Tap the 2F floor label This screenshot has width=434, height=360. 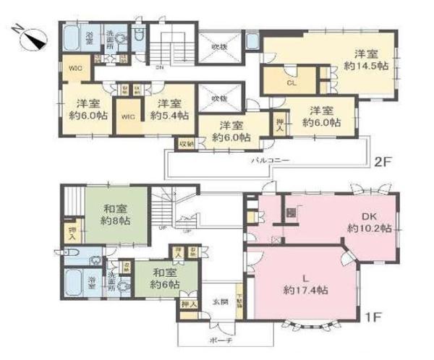click(x=383, y=163)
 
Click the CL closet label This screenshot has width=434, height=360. click(x=292, y=83)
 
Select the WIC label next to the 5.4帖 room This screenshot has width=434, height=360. click(x=127, y=116)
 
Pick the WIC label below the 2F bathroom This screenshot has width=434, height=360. click(x=75, y=69)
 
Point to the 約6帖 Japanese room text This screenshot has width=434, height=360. click(x=166, y=285)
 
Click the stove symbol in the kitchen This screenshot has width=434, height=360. click(x=291, y=213)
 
